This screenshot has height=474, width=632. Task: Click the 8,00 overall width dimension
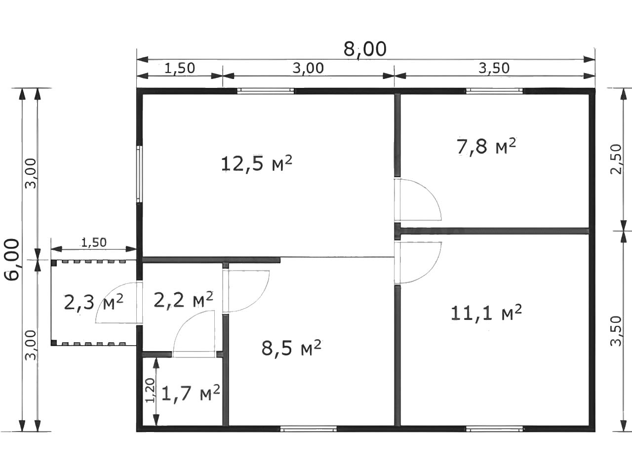tap(365, 49)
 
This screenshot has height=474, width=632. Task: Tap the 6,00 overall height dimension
tap(12, 259)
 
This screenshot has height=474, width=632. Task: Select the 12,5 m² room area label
tap(257, 164)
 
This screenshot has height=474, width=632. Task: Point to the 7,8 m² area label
tap(486, 147)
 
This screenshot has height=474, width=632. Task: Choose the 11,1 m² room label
tap(486, 313)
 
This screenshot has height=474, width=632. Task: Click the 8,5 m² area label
tap(291, 348)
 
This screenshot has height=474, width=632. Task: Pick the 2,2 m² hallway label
tap(183, 300)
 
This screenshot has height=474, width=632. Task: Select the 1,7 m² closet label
tap(191, 394)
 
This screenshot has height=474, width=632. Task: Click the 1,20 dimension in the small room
tap(150, 390)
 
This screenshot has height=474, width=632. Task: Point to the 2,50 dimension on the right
tap(616, 159)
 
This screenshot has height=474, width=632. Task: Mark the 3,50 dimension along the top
tap(494, 69)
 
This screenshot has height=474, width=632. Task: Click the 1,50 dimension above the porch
tap(94, 242)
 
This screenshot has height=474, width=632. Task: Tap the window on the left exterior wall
tap(139, 174)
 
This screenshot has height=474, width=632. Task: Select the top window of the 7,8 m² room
tap(494, 91)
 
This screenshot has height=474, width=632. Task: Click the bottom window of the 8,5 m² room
tap(309, 429)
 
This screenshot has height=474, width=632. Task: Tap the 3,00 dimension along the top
tap(308, 69)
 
